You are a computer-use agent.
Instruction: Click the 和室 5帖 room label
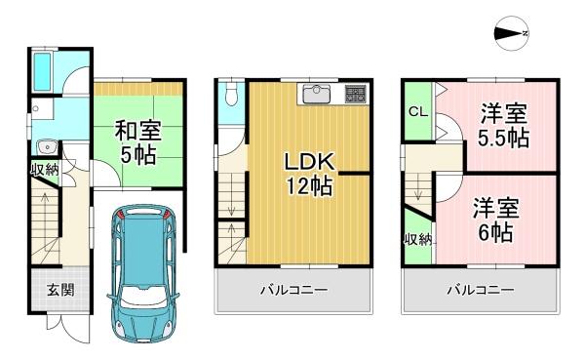[139, 140]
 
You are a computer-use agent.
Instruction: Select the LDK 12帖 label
[309, 173]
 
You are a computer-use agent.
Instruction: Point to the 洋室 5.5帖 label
[503, 125]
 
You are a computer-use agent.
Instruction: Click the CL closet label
[416, 112]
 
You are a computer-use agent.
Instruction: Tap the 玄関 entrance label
[58, 290]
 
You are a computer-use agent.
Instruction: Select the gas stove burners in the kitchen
[355, 95]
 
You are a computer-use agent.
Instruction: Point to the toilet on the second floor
[229, 96]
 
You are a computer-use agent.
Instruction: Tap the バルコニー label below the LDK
[293, 291]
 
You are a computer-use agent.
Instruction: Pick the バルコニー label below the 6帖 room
[481, 291]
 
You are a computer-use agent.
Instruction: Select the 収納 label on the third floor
[417, 239]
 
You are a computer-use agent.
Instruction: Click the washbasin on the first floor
[42, 147]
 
